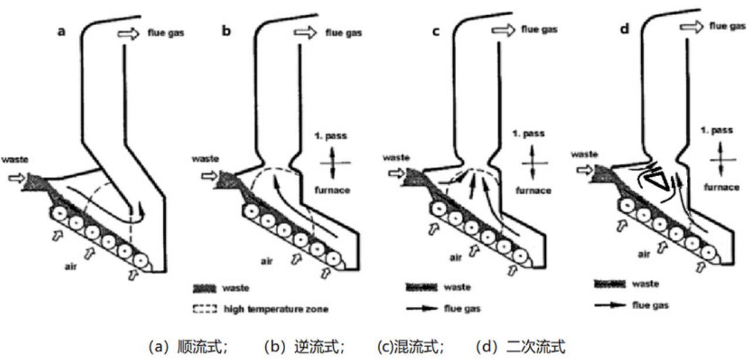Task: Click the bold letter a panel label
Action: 61,32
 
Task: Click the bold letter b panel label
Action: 226,31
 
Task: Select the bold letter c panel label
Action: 435,31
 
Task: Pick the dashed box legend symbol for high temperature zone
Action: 204,308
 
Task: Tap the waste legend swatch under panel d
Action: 609,284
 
